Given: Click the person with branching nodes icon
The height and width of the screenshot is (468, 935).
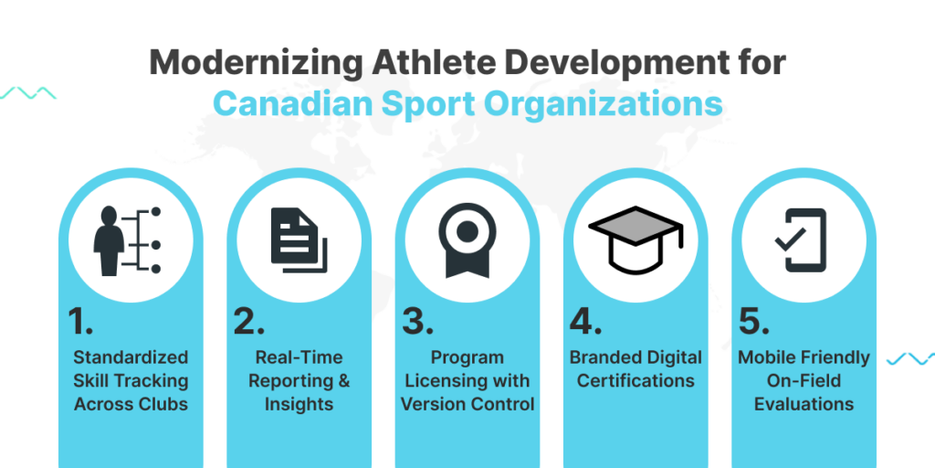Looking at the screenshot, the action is (x=128, y=241).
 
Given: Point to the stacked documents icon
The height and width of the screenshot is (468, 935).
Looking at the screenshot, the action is (x=299, y=240).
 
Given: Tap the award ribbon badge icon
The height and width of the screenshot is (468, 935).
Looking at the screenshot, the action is (x=467, y=240).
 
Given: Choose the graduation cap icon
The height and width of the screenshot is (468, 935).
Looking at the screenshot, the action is (x=636, y=239).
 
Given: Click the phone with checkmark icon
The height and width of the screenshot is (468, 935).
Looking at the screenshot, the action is (x=801, y=240).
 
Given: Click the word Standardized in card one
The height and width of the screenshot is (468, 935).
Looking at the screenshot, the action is (x=131, y=357).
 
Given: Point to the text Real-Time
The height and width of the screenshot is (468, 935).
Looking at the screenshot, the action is (x=299, y=357).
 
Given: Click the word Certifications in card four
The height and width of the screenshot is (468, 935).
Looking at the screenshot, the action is (x=636, y=380).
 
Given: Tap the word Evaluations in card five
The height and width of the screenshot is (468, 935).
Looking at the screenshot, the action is (x=804, y=403).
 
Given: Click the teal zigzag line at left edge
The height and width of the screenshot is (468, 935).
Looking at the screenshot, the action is (x=28, y=92).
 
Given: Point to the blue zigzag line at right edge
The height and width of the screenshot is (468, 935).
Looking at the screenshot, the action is (x=910, y=358).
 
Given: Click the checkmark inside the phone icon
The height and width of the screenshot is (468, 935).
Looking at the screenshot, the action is (x=790, y=240).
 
